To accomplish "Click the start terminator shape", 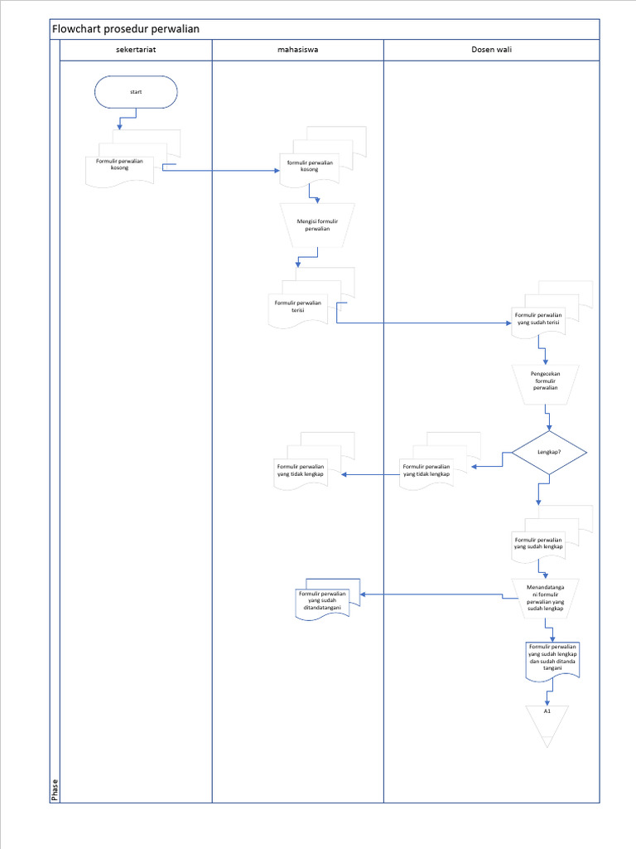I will tap(136, 92).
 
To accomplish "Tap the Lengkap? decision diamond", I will tap(549, 453).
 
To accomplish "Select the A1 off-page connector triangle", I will tap(547, 721).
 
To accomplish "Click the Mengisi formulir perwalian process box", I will tap(317, 225).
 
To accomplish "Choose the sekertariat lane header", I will tap(136, 51).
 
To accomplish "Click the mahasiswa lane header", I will tap(298, 51).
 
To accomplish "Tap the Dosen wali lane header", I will tap(491, 51).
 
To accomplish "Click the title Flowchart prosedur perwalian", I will tap(126, 29).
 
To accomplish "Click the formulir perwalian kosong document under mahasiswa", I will tap(310, 167).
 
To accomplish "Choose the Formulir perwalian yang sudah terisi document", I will tap(538, 319).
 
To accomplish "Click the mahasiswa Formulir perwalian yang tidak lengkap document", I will tap(301, 470).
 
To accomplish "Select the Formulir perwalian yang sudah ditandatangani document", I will tap(324, 599).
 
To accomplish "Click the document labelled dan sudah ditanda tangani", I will tap(552, 658).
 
